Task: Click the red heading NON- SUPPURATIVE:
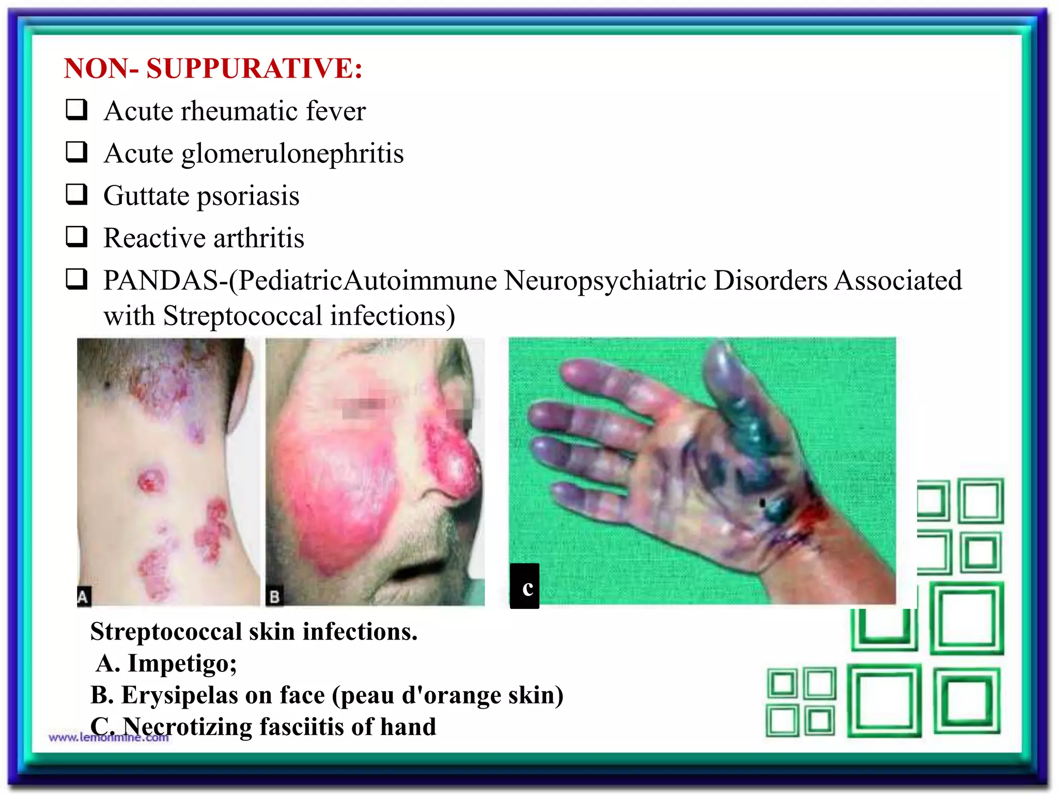coord(213,69)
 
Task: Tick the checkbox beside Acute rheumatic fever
coord(76,110)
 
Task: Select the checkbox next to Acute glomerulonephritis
coord(76,152)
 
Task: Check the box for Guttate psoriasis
coord(76,195)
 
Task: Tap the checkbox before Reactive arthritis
coord(76,237)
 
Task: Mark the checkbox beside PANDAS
coord(76,280)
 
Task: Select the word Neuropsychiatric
coord(605,281)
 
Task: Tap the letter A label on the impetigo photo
coord(83,596)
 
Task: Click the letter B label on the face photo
coord(275,597)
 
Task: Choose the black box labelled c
coord(525,586)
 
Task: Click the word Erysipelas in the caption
coord(179,695)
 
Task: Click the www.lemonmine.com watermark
coord(108,738)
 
